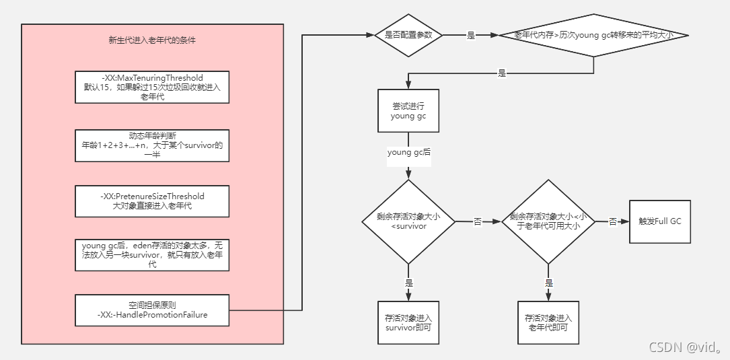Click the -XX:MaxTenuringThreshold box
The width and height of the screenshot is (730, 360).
[x=152, y=87]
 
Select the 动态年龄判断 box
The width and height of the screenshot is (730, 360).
[x=152, y=145]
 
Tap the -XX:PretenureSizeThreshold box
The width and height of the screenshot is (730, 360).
[x=152, y=201]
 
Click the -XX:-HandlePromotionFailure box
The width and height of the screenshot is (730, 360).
[x=152, y=310]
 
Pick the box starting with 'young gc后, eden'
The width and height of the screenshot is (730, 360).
[x=152, y=255]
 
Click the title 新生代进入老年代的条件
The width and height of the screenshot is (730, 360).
[x=152, y=40]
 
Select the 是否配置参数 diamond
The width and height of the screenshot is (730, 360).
[x=408, y=35]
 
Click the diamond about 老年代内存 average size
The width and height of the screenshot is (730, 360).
[x=593, y=35]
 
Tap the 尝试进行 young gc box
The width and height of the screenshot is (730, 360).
[x=408, y=111]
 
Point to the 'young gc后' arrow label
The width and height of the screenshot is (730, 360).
[x=408, y=153]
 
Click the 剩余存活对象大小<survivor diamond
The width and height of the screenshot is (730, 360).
[x=408, y=221]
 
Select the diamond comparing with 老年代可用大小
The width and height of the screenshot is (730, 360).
[x=549, y=221]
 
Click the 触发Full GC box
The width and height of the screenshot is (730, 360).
[x=660, y=221]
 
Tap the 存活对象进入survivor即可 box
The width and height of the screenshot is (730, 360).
[x=408, y=322]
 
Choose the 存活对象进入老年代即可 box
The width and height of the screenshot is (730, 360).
[x=548, y=322]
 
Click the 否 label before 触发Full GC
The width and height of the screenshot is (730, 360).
[x=613, y=221]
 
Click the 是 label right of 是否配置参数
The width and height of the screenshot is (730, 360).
[x=470, y=35]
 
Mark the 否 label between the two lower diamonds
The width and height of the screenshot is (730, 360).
[x=478, y=221]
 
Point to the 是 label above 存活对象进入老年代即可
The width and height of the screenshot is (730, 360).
[x=549, y=283]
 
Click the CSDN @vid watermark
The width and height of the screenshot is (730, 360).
[x=685, y=347]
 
